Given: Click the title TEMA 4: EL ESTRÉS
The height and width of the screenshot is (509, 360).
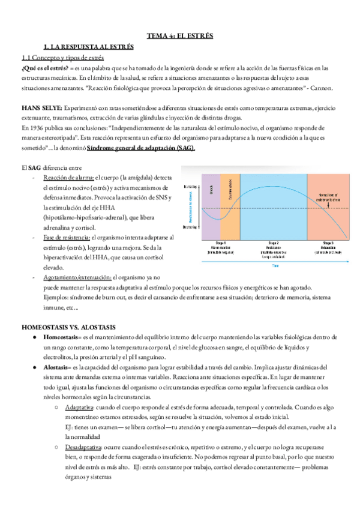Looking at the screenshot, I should (179, 35).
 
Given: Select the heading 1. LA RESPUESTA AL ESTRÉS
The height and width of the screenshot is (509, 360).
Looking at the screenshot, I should (89, 46).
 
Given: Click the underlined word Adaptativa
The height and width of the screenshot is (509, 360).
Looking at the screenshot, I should (83, 406).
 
